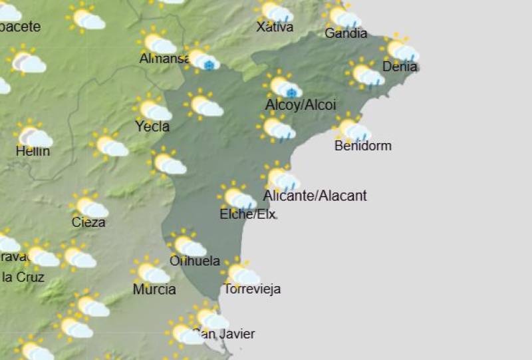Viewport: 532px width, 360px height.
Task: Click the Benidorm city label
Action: (363, 146)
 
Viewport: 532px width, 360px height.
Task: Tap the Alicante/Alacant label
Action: (315, 196)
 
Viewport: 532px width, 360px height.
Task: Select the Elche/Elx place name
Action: (247, 214)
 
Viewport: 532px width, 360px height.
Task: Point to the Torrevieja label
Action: (252, 289)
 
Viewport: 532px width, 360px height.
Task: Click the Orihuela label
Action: (195, 261)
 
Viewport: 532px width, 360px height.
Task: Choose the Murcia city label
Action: (154, 289)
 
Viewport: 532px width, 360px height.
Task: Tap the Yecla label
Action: (152, 126)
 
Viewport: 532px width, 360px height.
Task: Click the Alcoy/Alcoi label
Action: (301, 105)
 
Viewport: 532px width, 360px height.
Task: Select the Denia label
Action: (400, 66)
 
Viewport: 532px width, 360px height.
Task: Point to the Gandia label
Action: (346, 33)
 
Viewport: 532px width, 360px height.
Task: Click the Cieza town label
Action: (88, 222)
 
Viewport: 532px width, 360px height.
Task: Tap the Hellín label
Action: (33, 151)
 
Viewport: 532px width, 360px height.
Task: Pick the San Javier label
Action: (224, 334)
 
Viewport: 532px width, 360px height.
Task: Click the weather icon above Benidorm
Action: (352, 128)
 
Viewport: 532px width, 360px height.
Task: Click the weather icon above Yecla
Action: (152, 108)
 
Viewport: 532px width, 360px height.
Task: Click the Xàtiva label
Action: (275, 27)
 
